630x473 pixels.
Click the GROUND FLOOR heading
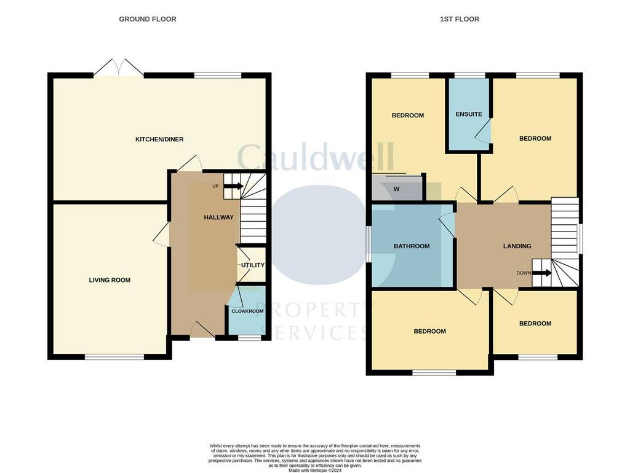tap(148, 19)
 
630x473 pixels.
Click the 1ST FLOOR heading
tap(459, 19)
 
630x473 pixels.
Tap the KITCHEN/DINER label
tap(159, 139)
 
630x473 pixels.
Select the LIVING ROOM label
tap(110, 280)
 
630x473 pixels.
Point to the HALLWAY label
tap(218, 217)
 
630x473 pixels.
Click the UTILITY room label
tap(253, 265)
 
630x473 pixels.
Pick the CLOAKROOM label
tap(247, 311)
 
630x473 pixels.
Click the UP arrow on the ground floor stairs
tap(233, 186)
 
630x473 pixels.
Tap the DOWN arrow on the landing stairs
tap(542, 273)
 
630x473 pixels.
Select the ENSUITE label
tap(469, 114)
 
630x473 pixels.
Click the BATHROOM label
tap(412, 246)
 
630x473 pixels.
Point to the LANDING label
tap(517, 246)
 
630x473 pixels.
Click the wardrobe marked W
tap(397, 188)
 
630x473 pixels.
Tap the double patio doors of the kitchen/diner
tap(119, 68)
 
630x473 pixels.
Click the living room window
tap(114, 357)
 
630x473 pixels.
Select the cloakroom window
tap(250, 338)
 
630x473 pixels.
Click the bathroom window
tap(369, 244)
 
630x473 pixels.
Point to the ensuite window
tap(469, 75)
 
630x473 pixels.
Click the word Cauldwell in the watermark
tap(316, 157)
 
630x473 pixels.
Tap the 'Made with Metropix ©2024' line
tap(315, 470)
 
